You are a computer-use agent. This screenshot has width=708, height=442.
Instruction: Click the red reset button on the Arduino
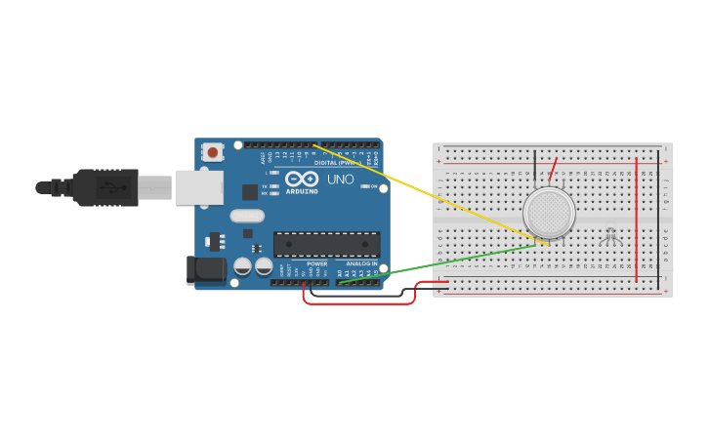pyautogui.click(x=212, y=152)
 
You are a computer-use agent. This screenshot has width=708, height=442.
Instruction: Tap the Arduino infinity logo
pyautogui.click(x=303, y=180)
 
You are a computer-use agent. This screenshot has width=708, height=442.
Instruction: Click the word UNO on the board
pyautogui.click(x=340, y=180)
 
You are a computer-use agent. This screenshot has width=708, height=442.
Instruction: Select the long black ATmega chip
pyautogui.click(x=326, y=244)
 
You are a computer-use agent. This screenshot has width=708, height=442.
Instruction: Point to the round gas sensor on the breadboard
pyautogui.click(x=549, y=211)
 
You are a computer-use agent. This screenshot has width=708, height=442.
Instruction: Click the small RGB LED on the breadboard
pyautogui.click(x=611, y=234)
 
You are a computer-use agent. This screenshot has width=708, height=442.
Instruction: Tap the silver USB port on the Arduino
pyautogui.click(x=199, y=186)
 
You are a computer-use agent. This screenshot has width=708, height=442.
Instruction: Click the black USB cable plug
pyautogui.click(x=107, y=186)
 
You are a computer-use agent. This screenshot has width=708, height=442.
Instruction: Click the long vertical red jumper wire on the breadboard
pyautogui.click(x=637, y=220)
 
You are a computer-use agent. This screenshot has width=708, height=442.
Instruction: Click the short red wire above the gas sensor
pyautogui.click(x=554, y=168)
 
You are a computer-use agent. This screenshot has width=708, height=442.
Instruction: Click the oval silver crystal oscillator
pyautogui.click(x=247, y=216)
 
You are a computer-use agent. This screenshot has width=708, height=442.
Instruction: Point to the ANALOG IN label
pyautogui.click(x=359, y=263)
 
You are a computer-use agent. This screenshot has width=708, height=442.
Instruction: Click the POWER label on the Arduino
pyautogui.click(x=317, y=263)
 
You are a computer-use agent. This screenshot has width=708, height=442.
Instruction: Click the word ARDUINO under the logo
pyautogui.click(x=303, y=191)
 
